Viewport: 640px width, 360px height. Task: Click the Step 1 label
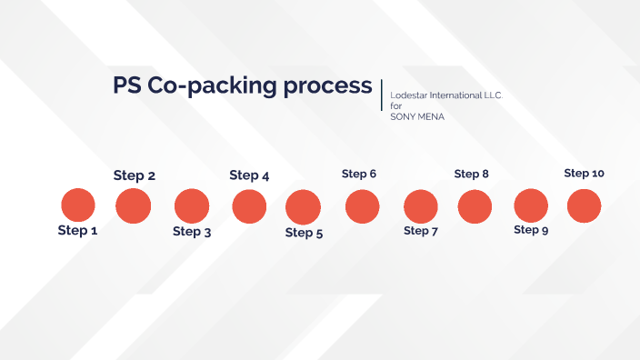77,231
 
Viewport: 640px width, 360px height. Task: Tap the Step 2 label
134,175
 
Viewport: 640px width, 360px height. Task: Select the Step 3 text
192,232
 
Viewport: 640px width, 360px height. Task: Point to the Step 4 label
249,175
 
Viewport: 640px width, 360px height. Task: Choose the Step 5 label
304,233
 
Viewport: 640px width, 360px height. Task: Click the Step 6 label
359,174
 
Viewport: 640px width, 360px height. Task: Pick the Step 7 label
421,231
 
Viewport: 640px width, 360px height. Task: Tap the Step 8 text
472,174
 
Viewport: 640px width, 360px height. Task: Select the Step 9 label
531,230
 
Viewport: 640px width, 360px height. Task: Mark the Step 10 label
584,173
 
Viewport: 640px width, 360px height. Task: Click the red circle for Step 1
77,205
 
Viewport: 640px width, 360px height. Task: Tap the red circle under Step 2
134,205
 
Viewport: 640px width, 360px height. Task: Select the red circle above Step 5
304,207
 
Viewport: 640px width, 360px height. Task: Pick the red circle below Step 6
362,206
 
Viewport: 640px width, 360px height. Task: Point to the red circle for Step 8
475,206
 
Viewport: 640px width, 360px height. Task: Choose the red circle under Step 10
584,206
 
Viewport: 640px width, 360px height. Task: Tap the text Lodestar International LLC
445,95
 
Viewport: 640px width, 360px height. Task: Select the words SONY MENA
417,116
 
